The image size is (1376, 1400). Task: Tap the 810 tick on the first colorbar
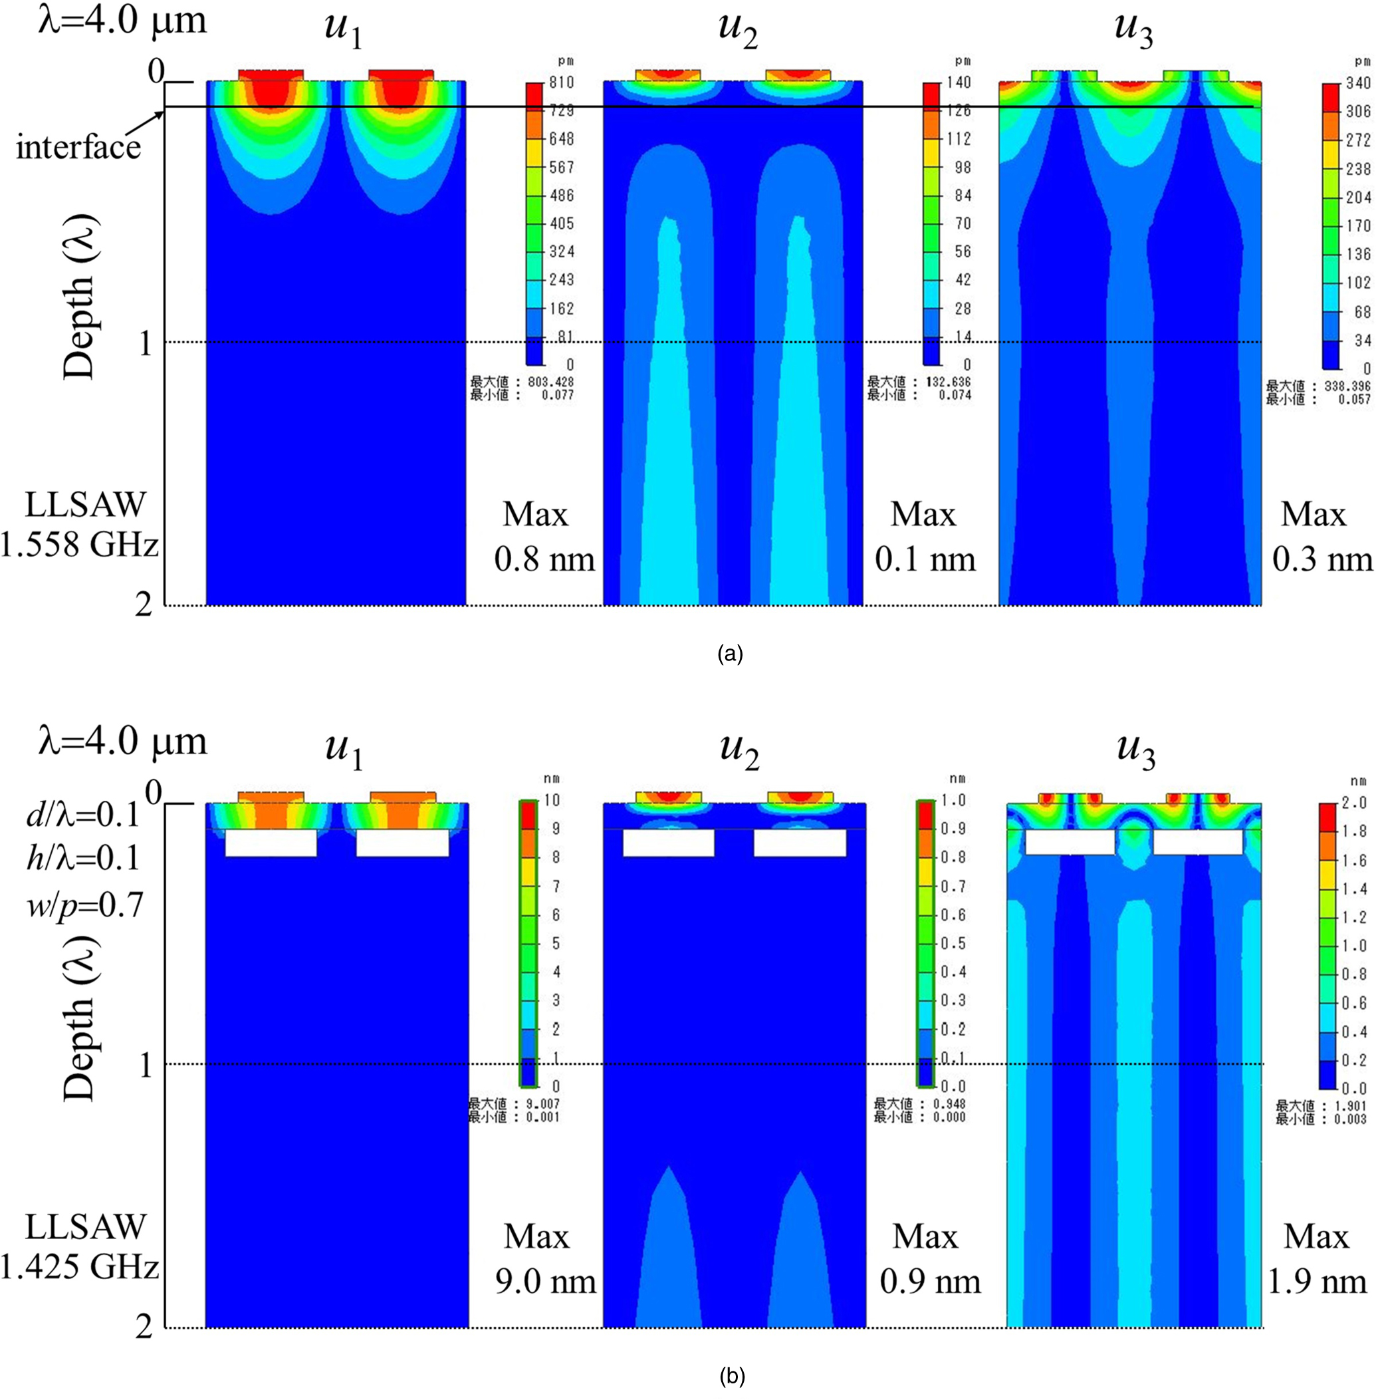coord(562,82)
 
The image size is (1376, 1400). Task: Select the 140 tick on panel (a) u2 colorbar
coord(959,82)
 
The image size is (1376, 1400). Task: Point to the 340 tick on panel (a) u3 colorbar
coord(1358,83)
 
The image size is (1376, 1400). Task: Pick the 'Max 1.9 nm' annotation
coord(1317,1258)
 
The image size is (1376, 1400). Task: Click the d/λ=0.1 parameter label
coord(82,815)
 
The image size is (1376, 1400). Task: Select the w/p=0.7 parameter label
coord(85,905)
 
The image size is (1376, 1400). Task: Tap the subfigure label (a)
coord(730,654)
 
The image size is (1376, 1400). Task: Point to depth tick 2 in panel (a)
coord(144,605)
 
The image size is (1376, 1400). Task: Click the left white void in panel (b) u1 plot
coord(271,843)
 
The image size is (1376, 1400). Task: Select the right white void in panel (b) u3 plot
coord(1197,842)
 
